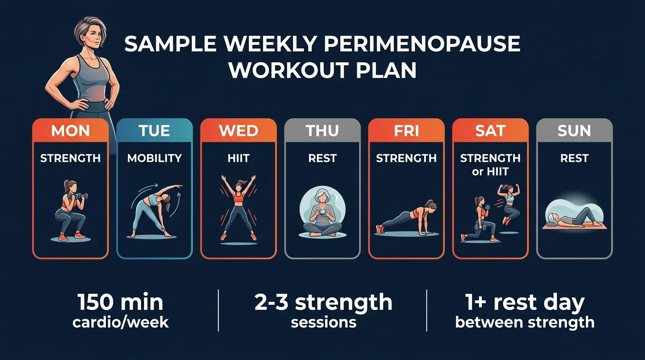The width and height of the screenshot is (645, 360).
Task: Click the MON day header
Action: pyautogui.click(x=70, y=130)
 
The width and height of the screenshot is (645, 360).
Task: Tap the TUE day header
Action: pyautogui.click(x=154, y=130)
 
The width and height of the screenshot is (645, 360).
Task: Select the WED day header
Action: pyautogui.click(x=238, y=130)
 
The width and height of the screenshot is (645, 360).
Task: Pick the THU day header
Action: pyautogui.click(x=322, y=130)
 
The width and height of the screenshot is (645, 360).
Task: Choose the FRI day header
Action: pyautogui.click(x=406, y=130)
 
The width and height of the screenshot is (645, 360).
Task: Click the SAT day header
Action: pyautogui.click(x=490, y=130)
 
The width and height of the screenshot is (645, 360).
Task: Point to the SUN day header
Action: pyautogui.click(x=574, y=130)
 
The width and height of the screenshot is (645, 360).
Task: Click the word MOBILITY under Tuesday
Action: pyautogui.click(x=154, y=158)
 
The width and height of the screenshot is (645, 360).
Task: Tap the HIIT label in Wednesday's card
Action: pyautogui.click(x=238, y=158)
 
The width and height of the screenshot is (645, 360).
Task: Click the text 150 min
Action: pyautogui.click(x=120, y=302)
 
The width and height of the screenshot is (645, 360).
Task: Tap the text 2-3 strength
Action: pyautogui.click(x=323, y=302)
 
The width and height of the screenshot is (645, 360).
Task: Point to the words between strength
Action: pyautogui.click(x=525, y=322)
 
